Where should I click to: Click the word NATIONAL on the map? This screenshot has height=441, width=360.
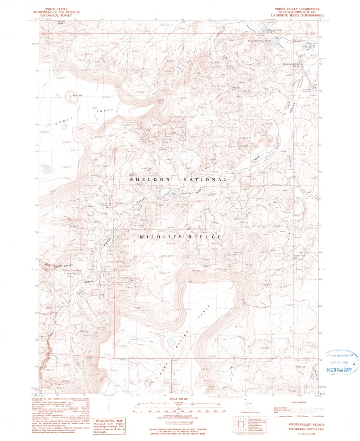click(208, 180)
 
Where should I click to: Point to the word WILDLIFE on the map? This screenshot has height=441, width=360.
click(158, 237)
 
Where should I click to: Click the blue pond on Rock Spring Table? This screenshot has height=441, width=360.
click(170, 343)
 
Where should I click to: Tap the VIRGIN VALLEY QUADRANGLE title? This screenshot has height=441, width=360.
click(300, 8)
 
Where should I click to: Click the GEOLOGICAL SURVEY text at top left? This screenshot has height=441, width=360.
click(52, 14)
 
